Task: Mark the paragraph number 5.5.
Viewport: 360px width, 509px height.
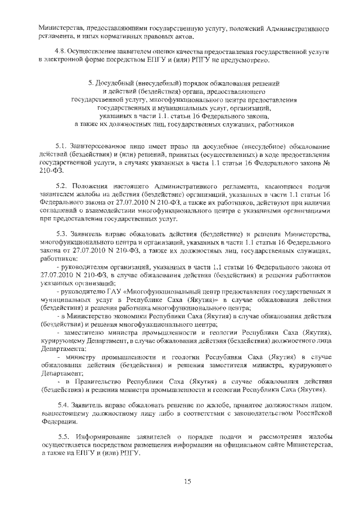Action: click(65, 436)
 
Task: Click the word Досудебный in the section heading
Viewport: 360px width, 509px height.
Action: click(123, 83)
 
